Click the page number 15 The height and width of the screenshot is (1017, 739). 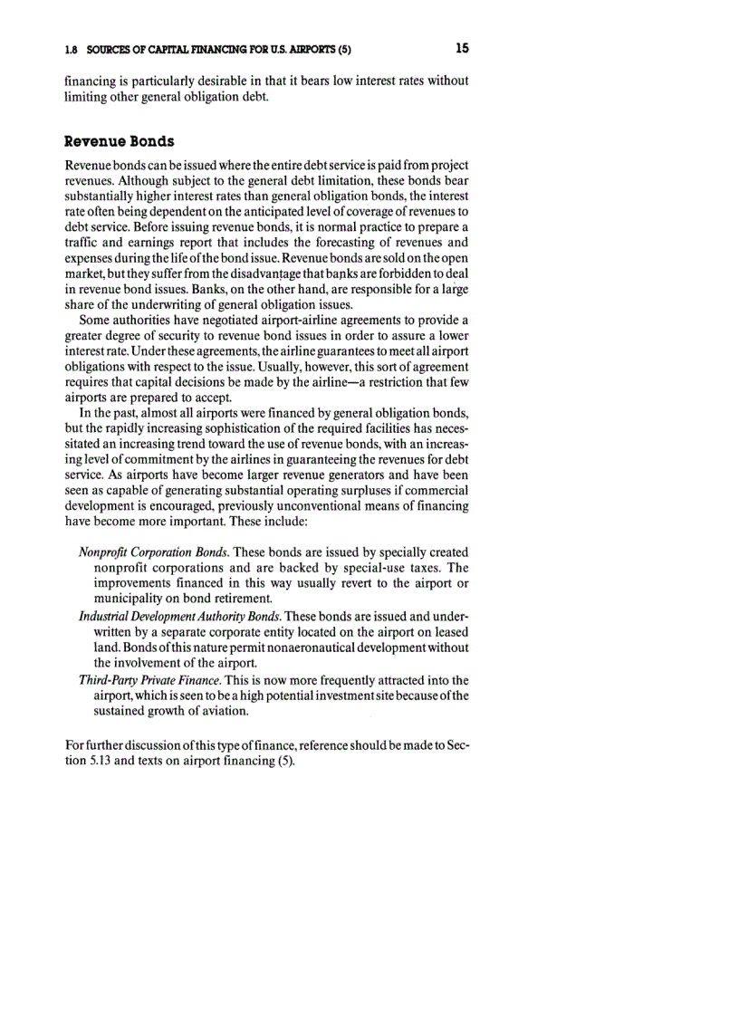tap(462, 47)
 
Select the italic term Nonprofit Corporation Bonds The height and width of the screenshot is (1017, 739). tap(154, 552)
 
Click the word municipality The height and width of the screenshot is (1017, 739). tap(130, 599)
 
